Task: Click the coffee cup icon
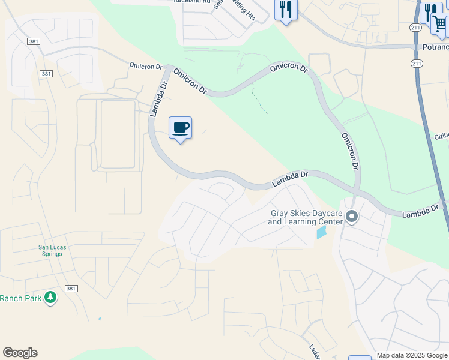[x=180, y=128]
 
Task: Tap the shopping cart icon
[x=440, y=24]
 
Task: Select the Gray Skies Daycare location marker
[x=352, y=216]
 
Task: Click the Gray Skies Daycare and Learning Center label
[x=305, y=217]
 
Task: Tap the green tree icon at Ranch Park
[x=51, y=298]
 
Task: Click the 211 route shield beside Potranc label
[x=416, y=63]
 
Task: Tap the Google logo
[x=20, y=353]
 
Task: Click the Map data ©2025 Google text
[x=412, y=355]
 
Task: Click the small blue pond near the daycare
[x=322, y=232]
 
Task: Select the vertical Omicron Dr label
[x=350, y=150]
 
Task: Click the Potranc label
[x=434, y=47]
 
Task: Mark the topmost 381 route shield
[x=34, y=40]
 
